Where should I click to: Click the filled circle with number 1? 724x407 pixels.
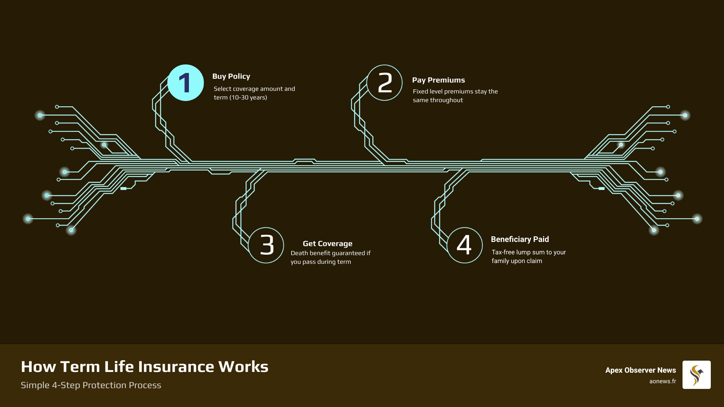186,83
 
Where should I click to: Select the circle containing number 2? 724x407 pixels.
384,83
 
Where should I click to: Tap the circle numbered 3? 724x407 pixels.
266,245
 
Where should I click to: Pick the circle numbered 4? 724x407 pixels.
465,245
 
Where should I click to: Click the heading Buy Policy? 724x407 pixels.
231,77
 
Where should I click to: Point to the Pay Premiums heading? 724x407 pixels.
438,80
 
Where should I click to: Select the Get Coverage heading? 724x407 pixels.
327,244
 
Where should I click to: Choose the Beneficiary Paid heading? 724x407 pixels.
520,240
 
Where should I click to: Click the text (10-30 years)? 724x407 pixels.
248,98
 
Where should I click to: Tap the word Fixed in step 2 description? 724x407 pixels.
420,92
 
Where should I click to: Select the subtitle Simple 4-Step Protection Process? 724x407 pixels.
91,385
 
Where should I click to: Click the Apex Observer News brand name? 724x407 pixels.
640,370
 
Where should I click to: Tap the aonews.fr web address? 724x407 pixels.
663,381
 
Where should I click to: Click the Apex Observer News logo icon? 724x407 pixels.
696,375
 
